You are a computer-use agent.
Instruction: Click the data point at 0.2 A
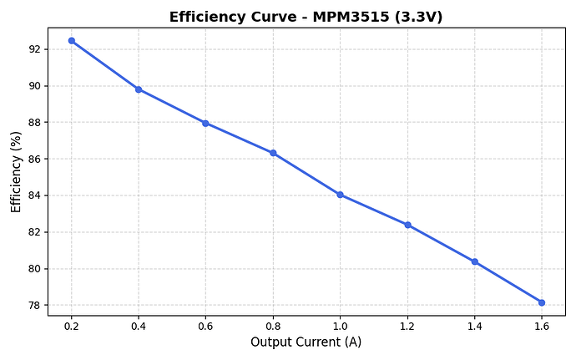(71, 40)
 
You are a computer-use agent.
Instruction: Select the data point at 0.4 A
(139, 89)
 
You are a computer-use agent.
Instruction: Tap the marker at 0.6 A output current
(205, 123)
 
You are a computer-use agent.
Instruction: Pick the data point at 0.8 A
(273, 153)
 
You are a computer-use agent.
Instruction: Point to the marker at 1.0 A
(340, 195)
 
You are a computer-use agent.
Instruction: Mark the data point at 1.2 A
(407, 225)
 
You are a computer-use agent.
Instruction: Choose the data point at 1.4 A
(474, 261)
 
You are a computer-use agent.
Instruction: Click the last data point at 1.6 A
(542, 302)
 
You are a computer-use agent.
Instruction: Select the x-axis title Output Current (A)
(306, 342)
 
